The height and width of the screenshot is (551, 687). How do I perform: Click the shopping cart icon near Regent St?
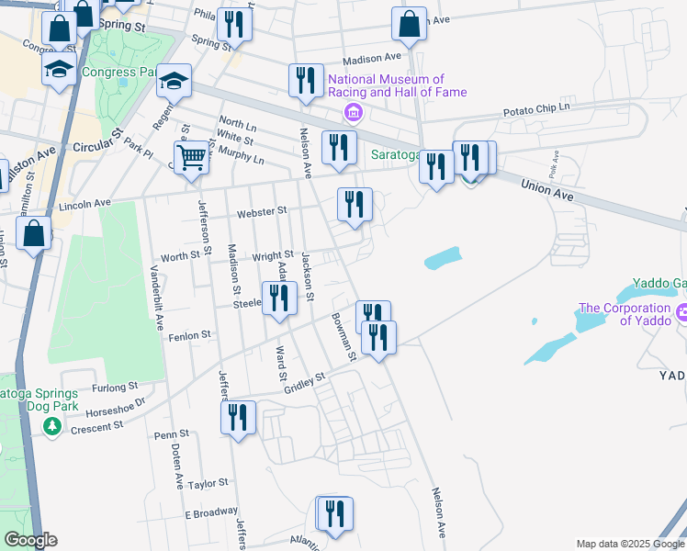click(x=190, y=156)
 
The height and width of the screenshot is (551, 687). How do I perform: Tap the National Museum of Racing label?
click(x=398, y=86)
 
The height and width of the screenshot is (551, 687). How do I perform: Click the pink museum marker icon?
click(x=352, y=113)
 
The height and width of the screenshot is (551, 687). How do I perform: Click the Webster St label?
click(x=262, y=212)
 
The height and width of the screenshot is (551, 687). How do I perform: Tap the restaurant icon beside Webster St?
click(x=354, y=205)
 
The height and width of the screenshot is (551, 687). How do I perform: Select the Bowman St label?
click(x=344, y=336)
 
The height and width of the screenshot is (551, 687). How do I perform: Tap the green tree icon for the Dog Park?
click(x=53, y=426)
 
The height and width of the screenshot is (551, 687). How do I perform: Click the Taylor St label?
click(x=208, y=484)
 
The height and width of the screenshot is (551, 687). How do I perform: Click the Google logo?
click(x=30, y=540)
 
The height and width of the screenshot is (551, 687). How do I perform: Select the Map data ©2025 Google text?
click(x=630, y=544)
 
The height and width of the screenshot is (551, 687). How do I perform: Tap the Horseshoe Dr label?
click(x=114, y=402)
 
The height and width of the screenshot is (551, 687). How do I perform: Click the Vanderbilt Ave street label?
click(x=158, y=298)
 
